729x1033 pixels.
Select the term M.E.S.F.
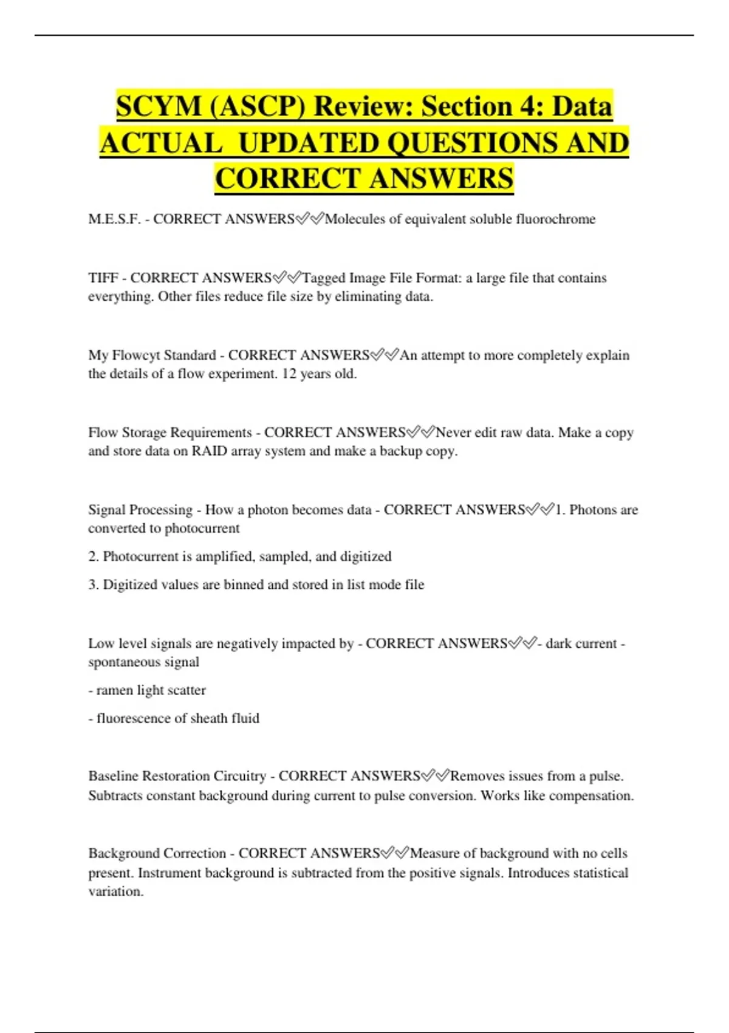(x=114, y=219)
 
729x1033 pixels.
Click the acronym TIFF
(x=103, y=278)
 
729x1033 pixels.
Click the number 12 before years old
(x=289, y=374)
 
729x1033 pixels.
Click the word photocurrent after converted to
(x=202, y=528)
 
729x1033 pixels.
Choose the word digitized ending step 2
(x=366, y=556)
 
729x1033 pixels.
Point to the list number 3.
(x=93, y=585)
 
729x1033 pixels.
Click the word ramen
(x=115, y=690)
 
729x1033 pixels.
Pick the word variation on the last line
(x=115, y=891)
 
